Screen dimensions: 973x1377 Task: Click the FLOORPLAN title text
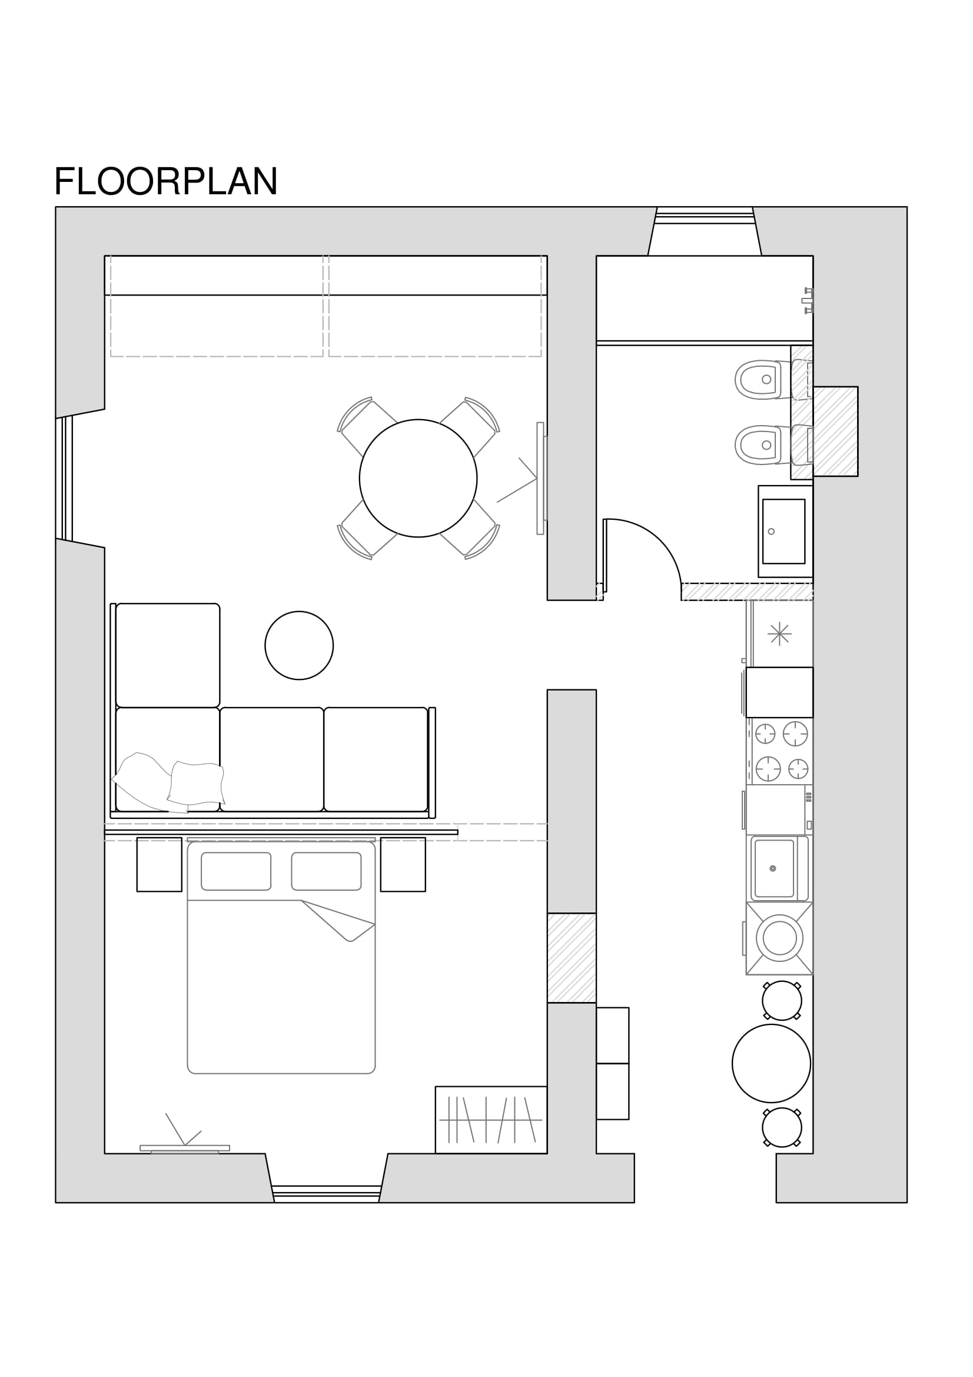click(x=165, y=181)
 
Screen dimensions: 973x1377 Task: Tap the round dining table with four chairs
click(x=419, y=478)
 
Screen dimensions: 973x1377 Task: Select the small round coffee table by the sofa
click(x=299, y=645)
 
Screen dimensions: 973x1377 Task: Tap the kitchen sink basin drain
click(x=773, y=868)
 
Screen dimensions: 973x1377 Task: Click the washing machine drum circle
click(x=779, y=938)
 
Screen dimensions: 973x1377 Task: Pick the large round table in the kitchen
click(x=771, y=1063)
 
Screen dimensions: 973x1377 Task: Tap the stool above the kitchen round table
click(x=782, y=1001)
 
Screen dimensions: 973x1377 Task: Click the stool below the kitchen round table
click(x=782, y=1127)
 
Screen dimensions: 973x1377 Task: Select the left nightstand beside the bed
click(x=160, y=864)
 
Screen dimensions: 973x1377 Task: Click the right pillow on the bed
click(x=326, y=871)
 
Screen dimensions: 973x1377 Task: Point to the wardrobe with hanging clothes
click(x=491, y=1120)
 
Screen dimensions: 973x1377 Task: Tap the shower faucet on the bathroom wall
click(x=808, y=300)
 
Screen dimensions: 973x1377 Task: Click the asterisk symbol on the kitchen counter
click(x=779, y=633)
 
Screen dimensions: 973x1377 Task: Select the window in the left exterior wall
click(x=64, y=478)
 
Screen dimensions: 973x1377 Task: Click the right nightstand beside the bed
click(x=403, y=864)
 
